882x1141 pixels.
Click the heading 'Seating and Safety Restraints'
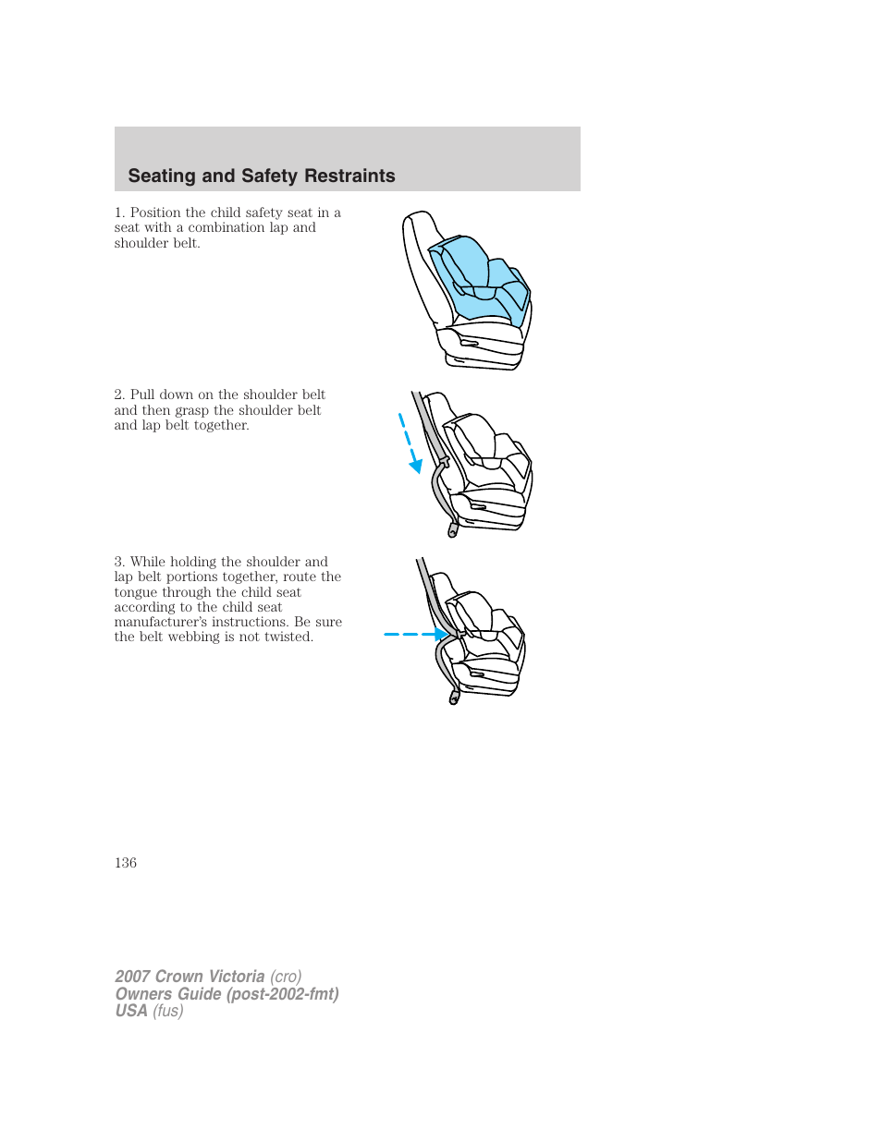(262, 176)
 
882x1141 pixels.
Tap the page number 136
(126, 863)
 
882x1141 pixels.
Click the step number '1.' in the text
(119, 212)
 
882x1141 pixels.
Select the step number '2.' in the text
(119, 394)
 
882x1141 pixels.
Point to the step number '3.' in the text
(119, 562)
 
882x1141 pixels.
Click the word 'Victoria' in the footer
(237, 977)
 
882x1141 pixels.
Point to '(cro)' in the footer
(286, 977)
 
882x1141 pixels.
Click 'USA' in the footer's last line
(131, 1011)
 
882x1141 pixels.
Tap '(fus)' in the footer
(168, 1011)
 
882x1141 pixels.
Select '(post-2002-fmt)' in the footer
(282, 994)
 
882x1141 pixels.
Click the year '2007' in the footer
(133, 977)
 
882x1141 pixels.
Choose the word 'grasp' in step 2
(191, 410)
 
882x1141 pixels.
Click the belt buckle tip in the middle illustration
(452, 531)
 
